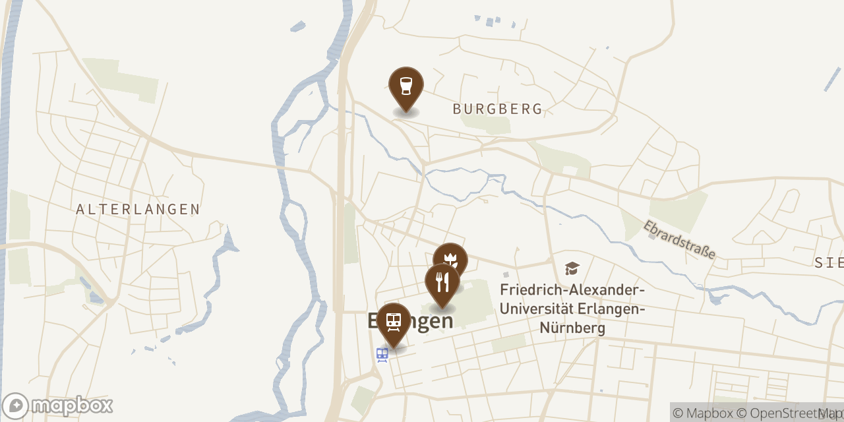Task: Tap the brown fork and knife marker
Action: [x=442, y=283]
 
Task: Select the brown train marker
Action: [x=394, y=322]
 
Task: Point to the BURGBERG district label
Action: [x=498, y=109]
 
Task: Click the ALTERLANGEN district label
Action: [x=138, y=210]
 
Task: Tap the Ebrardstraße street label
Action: [x=680, y=239]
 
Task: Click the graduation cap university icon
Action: [x=572, y=268]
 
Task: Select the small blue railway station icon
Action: [x=382, y=355]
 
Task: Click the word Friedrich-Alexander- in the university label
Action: [x=572, y=290]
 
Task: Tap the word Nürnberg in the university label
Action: [x=572, y=328]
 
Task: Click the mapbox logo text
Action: [x=73, y=405]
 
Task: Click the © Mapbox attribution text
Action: [x=703, y=413]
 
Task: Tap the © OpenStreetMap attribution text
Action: [x=788, y=413]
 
